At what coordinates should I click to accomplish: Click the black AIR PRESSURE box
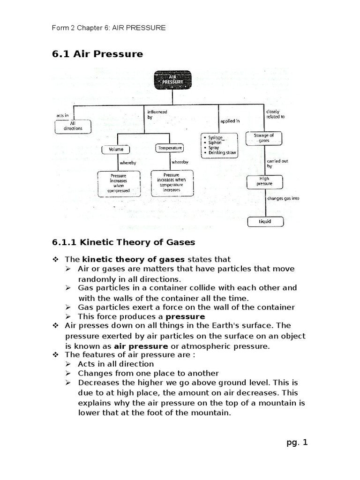pos(173,80)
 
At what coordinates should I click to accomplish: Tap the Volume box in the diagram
pos(116,149)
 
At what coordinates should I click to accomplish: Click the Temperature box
pos(169,148)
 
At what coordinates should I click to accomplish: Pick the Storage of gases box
pos(264,138)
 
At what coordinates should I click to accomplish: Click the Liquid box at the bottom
pos(265,221)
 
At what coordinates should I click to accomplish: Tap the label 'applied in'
pos(230,121)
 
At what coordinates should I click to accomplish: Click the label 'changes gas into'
pos(283,198)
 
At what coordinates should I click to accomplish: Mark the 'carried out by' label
pos(277,163)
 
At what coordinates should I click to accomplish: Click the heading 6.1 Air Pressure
pos(97,54)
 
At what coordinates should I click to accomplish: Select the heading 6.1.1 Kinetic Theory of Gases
pos(123,242)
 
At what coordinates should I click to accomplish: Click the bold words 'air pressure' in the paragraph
pos(136,346)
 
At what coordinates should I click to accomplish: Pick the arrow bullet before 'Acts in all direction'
pos(68,364)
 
